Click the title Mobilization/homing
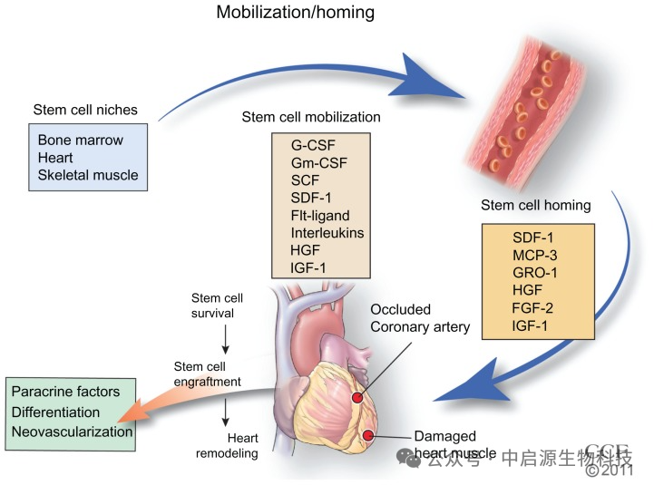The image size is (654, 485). [295, 14]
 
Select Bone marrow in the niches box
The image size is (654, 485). [80, 141]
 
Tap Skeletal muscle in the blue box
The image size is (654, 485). [88, 174]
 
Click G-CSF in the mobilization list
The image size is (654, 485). [312, 147]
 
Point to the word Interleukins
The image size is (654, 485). [327, 233]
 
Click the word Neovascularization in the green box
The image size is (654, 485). [72, 432]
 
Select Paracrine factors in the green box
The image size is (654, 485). [65, 392]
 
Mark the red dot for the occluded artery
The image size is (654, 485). [357, 397]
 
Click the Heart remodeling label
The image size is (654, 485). [227, 443]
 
